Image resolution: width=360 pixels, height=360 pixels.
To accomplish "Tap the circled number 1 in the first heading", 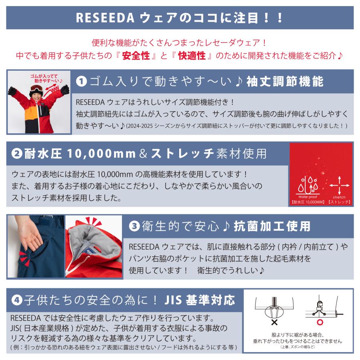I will pos(81,82).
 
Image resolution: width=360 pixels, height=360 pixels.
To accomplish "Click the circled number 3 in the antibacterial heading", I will pos(134,226).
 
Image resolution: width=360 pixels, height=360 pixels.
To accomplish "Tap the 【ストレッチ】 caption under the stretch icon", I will pos(339,202).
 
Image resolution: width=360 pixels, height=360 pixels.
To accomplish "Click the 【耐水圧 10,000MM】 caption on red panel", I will pos(307,202).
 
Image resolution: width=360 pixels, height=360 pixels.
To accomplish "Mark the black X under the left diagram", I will pos(275,322).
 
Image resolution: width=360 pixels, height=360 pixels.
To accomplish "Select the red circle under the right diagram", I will pos(320,322).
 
